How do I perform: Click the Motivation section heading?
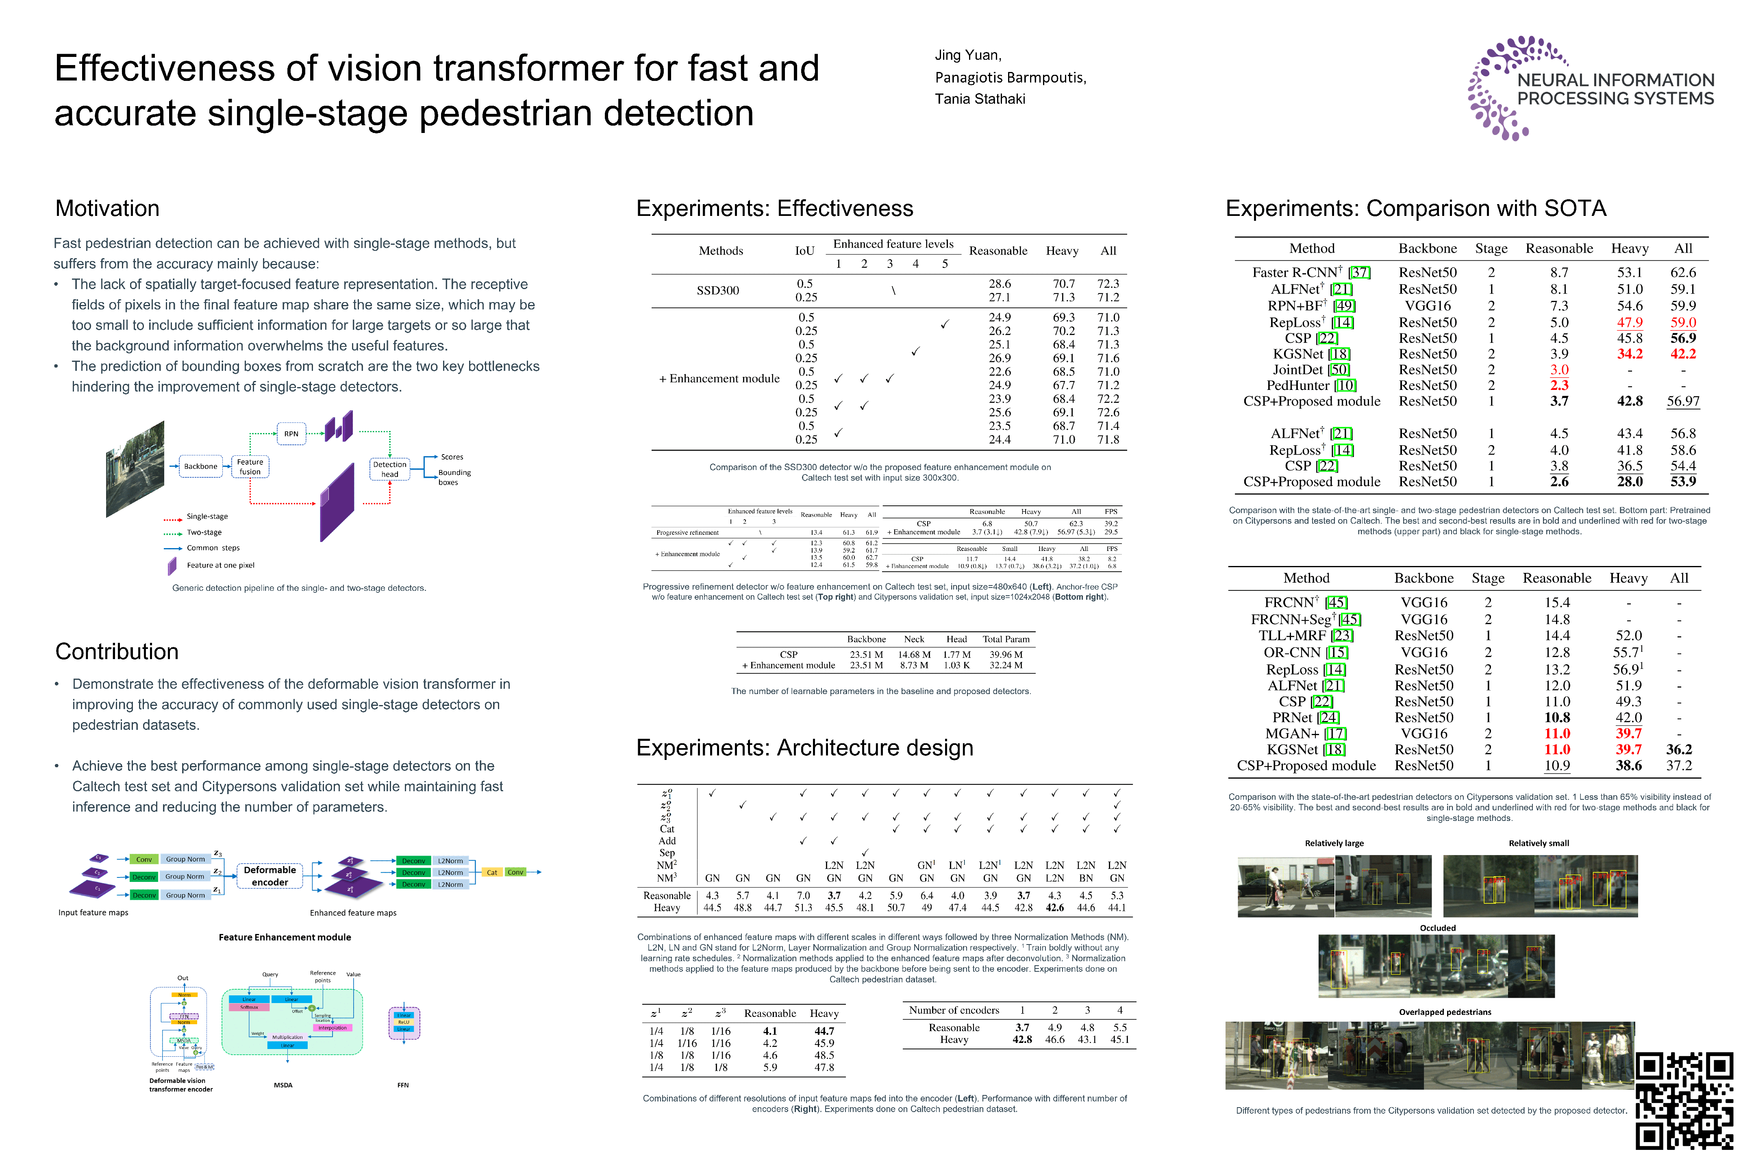pos(107,208)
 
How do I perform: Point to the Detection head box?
pos(390,469)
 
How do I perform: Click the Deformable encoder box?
pos(269,876)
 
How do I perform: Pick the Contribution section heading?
pos(117,651)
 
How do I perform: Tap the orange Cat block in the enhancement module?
pos(492,872)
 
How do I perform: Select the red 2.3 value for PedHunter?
pos(1559,385)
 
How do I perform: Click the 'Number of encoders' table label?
pos(954,1010)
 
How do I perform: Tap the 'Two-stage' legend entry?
pos(204,533)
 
